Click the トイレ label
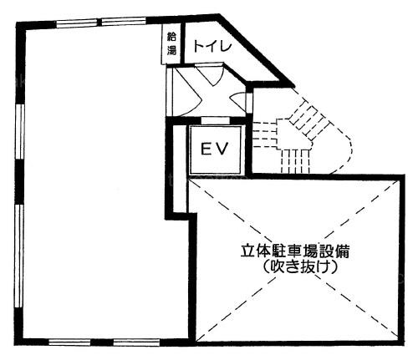(212, 46)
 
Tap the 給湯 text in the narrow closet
(171, 43)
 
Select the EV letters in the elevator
(215, 149)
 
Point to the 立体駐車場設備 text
(295, 251)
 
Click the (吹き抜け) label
(300, 266)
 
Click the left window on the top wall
(78, 23)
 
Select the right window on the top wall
(124, 22)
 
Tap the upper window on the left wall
(19, 131)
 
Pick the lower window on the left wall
(19, 256)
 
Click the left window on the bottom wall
(69, 342)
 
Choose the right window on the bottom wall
(136, 342)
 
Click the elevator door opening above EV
(215, 120)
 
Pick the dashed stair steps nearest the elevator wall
(265, 134)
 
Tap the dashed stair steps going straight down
(295, 160)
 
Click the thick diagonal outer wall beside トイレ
(257, 50)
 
